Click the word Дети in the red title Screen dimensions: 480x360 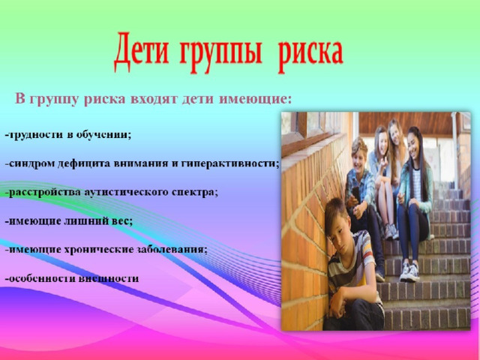tap(142, 52)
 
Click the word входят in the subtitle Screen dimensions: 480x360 tap(155, 99)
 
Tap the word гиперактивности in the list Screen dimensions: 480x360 tap(229, 163)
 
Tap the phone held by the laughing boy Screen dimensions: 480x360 tap(355, 193)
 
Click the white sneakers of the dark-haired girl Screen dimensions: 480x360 tap(409, 271)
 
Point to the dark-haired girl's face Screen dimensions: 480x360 tap(413, 144)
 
